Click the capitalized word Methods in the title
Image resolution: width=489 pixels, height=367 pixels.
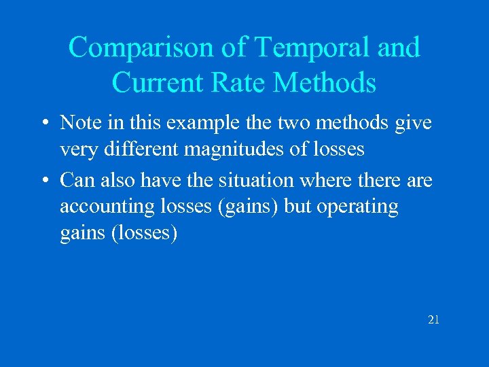pyautogui.click(x=325, y=82)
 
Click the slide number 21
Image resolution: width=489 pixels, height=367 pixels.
pyautogui.click(x=433, y=319)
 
